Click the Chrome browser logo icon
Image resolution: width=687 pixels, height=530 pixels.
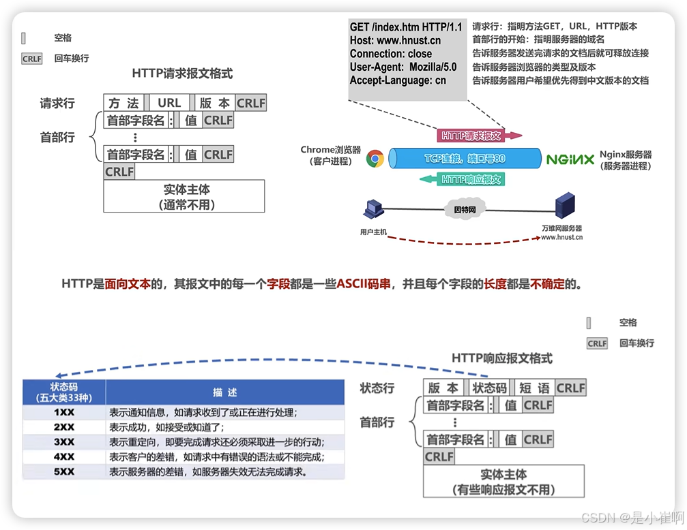click(375, 159)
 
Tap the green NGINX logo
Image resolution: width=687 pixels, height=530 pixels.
click(570, 159)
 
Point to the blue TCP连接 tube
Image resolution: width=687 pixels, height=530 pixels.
click(465, 159)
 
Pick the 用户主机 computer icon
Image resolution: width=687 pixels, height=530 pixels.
click(372, 211)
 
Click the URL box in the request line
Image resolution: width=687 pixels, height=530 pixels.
click(169, 103)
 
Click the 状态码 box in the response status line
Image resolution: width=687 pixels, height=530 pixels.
click(489, 388)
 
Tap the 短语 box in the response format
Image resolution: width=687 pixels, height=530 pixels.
click(533, 388)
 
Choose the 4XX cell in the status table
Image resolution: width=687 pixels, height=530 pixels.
click(64, 456)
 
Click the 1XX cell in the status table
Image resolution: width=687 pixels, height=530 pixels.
click(64, 412)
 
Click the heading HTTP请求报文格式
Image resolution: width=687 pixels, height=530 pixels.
click(182, 73)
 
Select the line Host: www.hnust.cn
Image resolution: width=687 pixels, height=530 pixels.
click(395, 40)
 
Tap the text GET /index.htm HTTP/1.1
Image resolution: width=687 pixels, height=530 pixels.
click(405, 27)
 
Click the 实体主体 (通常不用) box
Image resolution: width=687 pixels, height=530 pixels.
click(184, 196)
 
